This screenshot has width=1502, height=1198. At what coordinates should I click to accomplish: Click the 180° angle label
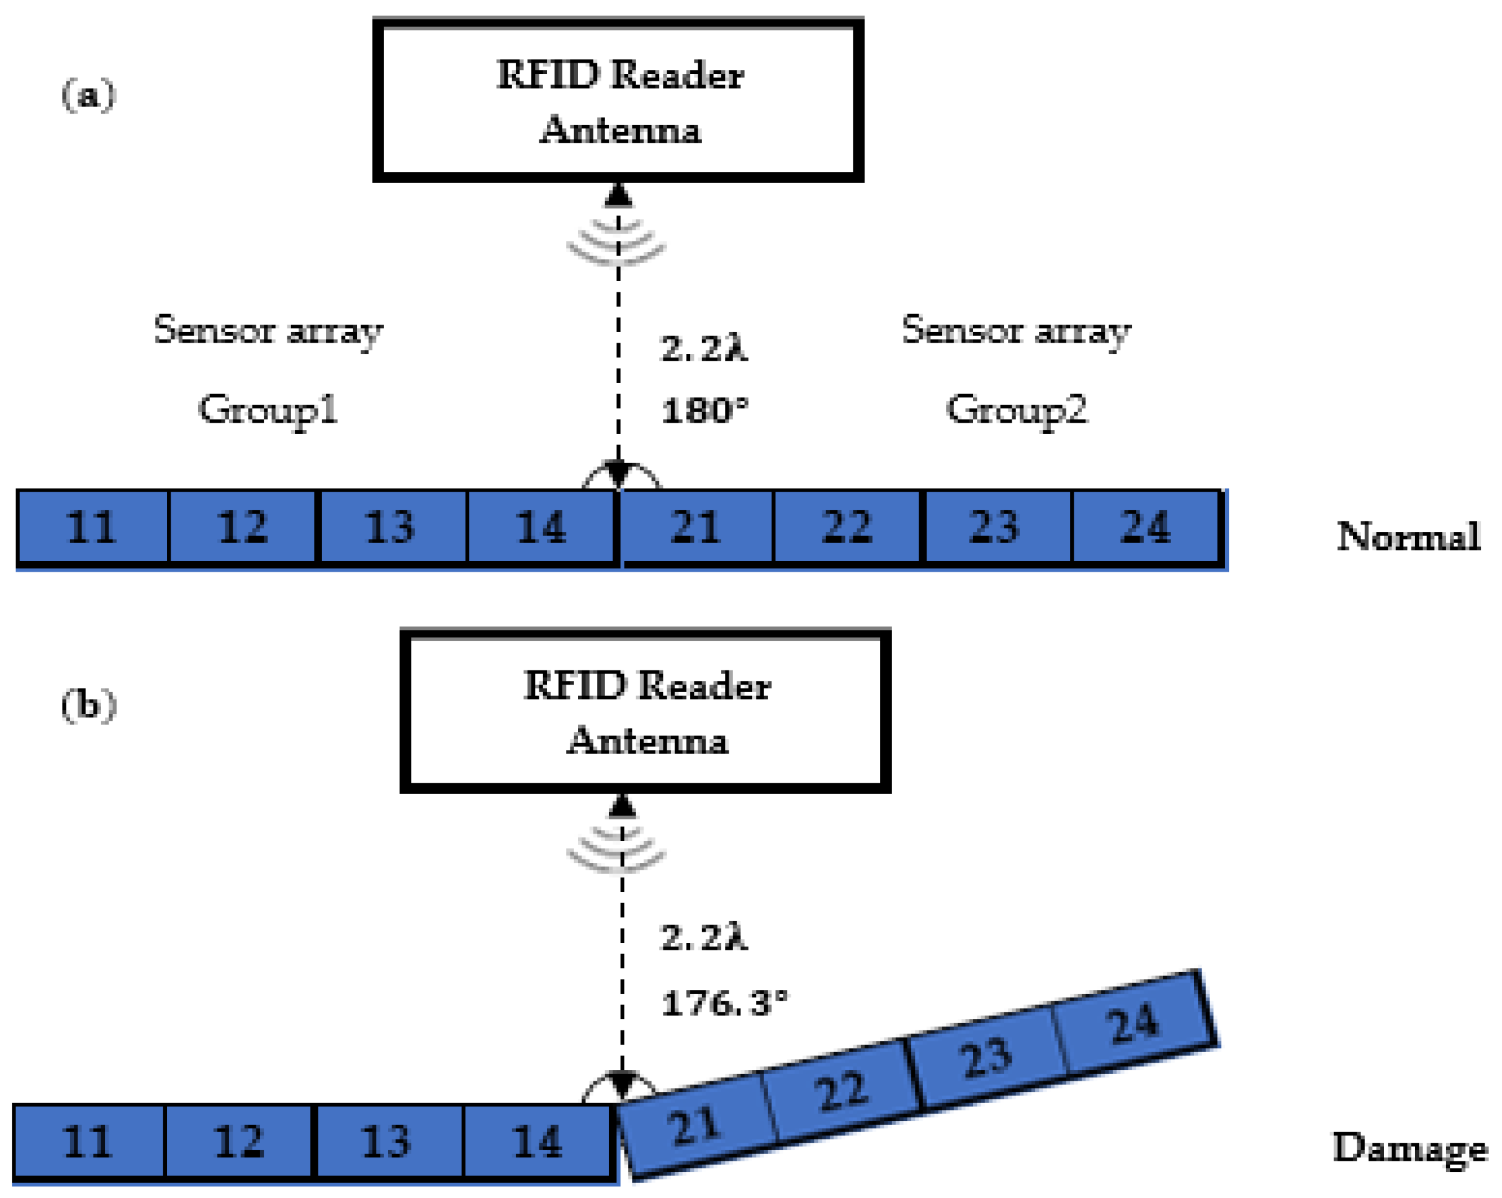point(704,410)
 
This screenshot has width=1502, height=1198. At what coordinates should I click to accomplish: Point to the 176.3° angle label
point(723,1003)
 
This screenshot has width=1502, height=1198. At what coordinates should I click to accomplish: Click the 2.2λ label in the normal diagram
point(703,348)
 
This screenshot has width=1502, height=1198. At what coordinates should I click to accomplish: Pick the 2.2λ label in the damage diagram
point(703,937)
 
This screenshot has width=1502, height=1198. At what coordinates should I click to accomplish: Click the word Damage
point(1410,1148)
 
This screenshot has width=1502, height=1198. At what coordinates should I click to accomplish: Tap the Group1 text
point(268,409)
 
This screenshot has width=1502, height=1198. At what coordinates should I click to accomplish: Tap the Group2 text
point(1017,409)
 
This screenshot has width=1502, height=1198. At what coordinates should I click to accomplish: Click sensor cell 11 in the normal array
point(92,527)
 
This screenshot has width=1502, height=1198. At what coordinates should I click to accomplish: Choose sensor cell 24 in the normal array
point(1145,527)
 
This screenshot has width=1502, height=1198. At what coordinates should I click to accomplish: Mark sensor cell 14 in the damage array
point(537,1142)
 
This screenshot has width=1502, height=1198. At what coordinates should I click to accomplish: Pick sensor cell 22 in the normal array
point(847,527)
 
